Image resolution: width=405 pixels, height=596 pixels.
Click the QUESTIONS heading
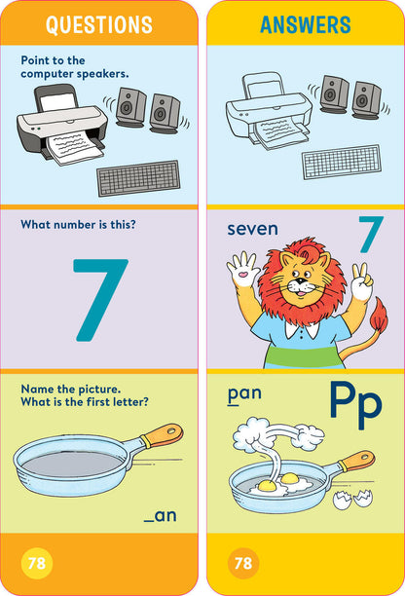click(x=99, y=25)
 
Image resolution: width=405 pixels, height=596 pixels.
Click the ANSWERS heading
click(x=305, y=25)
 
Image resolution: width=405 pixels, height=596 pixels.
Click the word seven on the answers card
click(x=252, y=230)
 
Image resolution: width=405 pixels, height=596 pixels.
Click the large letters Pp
click(x=354, y=405)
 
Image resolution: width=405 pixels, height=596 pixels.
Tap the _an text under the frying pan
click(x=160, y=515)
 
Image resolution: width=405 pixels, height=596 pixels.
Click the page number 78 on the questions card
click(x=37, y=564)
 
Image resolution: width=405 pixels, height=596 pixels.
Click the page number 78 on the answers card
click(x=243, y=564)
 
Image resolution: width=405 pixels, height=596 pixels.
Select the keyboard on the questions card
click(x=138, y=179)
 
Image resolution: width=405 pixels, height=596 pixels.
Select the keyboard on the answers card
click(x=341, y=162)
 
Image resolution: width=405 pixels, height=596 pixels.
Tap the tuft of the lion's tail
click(x=374, y=316)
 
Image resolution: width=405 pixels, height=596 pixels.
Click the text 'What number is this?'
click(x=78, y=225)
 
